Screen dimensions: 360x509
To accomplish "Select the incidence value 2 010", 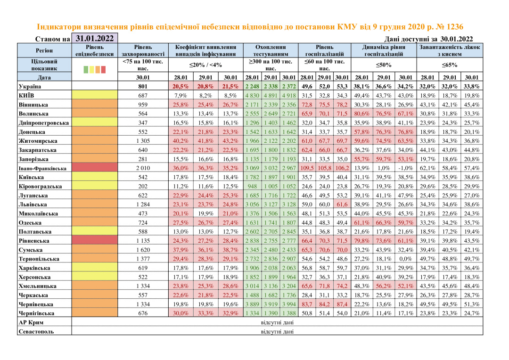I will (x=142, y=168).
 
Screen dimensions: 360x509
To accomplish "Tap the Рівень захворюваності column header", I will (x=142, y=50).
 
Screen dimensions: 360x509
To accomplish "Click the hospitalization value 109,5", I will (x=307, y=168).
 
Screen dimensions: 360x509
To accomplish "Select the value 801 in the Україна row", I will (x=142, y=87).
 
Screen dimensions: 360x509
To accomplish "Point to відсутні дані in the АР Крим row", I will (x=277, y=322).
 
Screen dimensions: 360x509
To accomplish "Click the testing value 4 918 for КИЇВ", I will (x=288, y=96).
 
